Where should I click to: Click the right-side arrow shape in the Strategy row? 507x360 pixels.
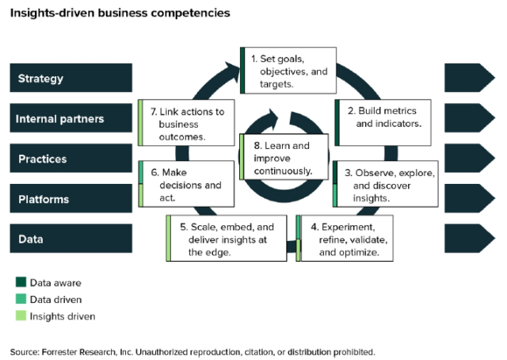point(469,79)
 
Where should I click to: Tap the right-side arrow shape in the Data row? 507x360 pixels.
point(469,239)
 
